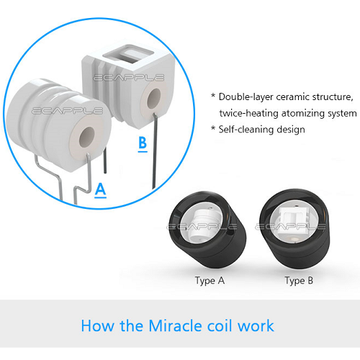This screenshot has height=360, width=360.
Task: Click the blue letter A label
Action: [x=100, y=190]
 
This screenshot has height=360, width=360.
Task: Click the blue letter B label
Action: [x=143, y=144]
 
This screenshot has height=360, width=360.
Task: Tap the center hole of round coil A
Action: [x=87, y=138]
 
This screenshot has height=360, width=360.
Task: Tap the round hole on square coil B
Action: [x=154, y=99]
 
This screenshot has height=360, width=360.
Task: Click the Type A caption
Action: [x=210, y=281]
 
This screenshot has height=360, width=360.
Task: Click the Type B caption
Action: [x=299, y=281]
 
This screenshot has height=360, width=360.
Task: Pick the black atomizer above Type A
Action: [x=208, y=230]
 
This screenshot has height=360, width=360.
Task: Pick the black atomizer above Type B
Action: [x=295, y=228]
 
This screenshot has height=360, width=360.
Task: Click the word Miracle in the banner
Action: [x=176, y=326]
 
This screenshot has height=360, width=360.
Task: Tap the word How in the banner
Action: [x=97, y=326]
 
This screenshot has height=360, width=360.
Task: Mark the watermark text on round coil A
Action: [x=68, y=111]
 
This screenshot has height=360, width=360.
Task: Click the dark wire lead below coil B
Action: [x=154, y=151]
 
